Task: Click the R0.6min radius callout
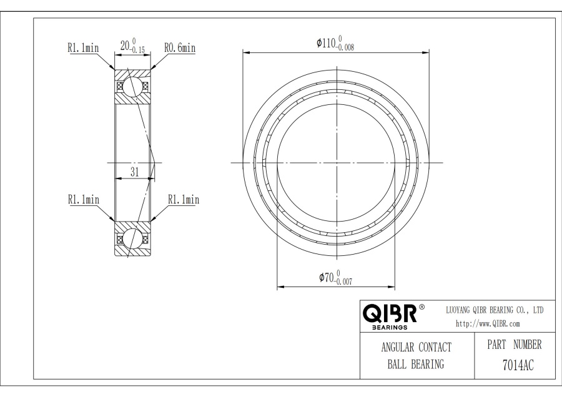pyautogui.click(x=180, y=47)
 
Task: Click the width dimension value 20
pyautogui.click(x=124, y=46)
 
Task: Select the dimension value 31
pyautogui.click(x=134, y=172)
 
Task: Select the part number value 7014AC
pyautogui.click(x=518, y=365)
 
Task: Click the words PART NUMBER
pyautogui.click(x=515, y=345)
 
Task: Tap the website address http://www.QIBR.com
pyautogui.click(x=488, y=324)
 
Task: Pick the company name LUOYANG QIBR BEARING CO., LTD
pyautogui.click(x=495, y=310)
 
